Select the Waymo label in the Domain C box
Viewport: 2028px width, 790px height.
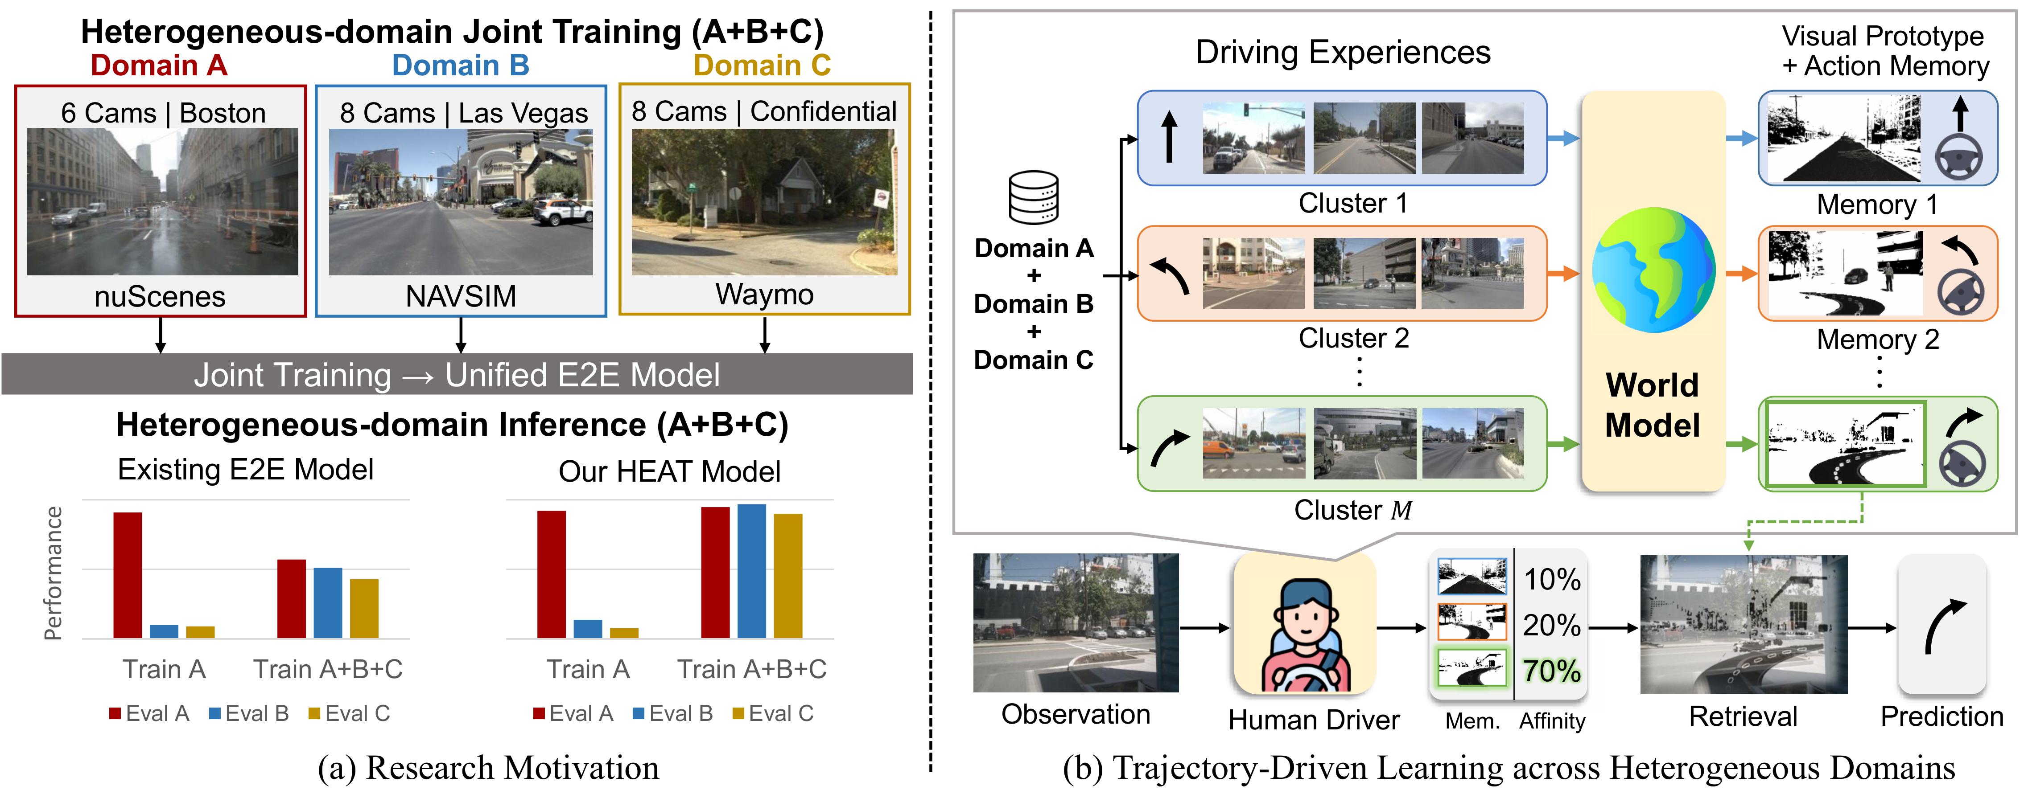point(764,294)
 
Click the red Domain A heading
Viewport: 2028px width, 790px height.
point(159,65)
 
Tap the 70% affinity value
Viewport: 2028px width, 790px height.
point(1552,671)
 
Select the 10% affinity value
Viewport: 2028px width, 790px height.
point(1552,580)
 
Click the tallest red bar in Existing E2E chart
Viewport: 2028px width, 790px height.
point(128,575)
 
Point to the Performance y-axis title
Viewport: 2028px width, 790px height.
point(53,573)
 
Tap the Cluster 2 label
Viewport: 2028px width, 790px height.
point(1353,338)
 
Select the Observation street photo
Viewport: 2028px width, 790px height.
point(1076,622)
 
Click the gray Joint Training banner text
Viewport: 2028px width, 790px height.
point(457,375)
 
